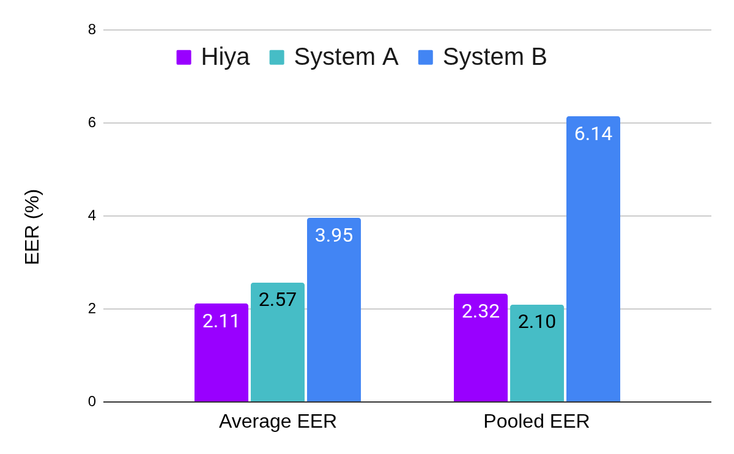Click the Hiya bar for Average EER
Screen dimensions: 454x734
click(221, 361)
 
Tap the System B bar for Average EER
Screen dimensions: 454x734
click(334, 318)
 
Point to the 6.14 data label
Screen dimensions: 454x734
click(593, 133)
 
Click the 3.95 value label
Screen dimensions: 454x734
click(334, 236)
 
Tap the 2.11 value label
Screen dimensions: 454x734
click(221, 321)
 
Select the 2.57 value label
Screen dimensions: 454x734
click(278, 300)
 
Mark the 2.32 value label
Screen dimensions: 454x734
click(481, 311)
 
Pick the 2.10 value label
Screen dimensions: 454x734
click(537, 322)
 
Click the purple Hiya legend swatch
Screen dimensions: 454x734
click(184, 58)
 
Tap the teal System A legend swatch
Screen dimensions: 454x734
click(277, 58)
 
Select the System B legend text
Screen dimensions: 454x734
click(494, 57)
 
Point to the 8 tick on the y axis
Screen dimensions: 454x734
click(92, 29)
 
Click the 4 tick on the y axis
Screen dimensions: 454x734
click(92, 215)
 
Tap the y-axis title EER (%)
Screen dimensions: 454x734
click(32, 227)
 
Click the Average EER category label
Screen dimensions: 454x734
click(278, 422)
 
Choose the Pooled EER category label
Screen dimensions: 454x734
click(536, 422)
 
